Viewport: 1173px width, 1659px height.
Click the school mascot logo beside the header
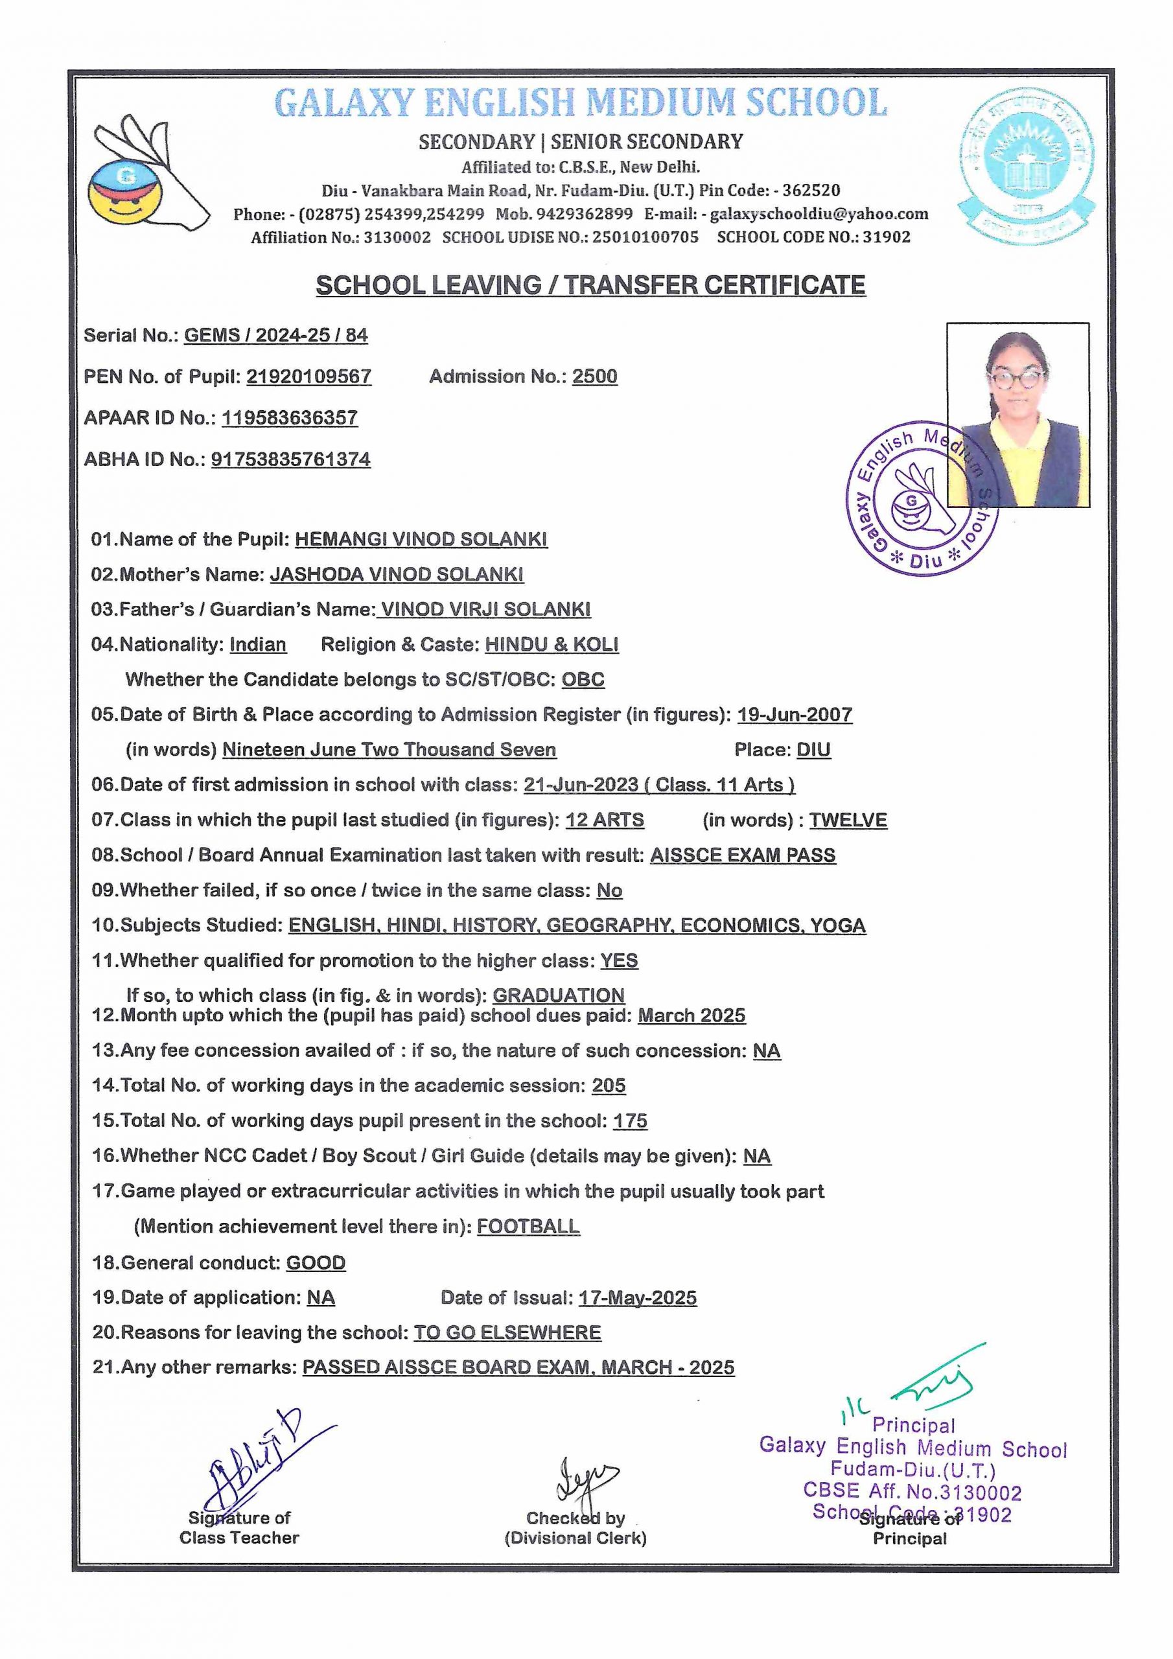click(148, 176)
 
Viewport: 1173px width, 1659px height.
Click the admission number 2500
click(594, 377)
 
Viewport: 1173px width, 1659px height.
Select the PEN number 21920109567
click(308, 377)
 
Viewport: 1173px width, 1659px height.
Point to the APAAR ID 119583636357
click(290, 417)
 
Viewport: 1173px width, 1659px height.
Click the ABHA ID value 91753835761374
click(290, 459)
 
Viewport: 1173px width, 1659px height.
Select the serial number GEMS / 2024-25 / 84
click(275, 335)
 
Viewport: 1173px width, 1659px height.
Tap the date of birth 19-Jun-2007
click(795, 715)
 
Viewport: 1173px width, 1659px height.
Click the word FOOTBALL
click(528, 1226)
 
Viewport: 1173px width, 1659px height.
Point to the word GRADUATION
click(558, 995)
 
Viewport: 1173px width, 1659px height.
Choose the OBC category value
click(583, 679)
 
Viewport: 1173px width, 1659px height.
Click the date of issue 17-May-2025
click(638, 1298)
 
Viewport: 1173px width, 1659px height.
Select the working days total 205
click(609, 1085)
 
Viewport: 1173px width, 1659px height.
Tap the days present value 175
click(630, 1120)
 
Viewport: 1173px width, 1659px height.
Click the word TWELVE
click(848, 820)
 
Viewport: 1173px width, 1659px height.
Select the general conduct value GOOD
click(316, 1262)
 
